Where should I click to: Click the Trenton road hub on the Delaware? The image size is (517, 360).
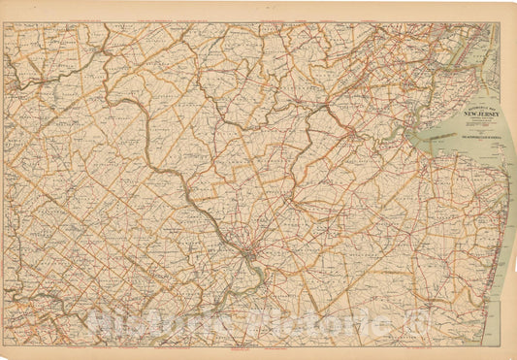pos(249,256)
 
